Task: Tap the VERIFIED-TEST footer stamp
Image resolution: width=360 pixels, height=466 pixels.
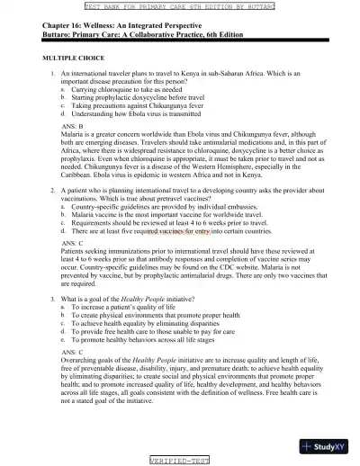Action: (180, 459)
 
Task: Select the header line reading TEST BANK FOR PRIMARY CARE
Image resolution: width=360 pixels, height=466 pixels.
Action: (181, 5)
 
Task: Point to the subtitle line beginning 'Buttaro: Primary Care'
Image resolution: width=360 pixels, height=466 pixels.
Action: (139, 35)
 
